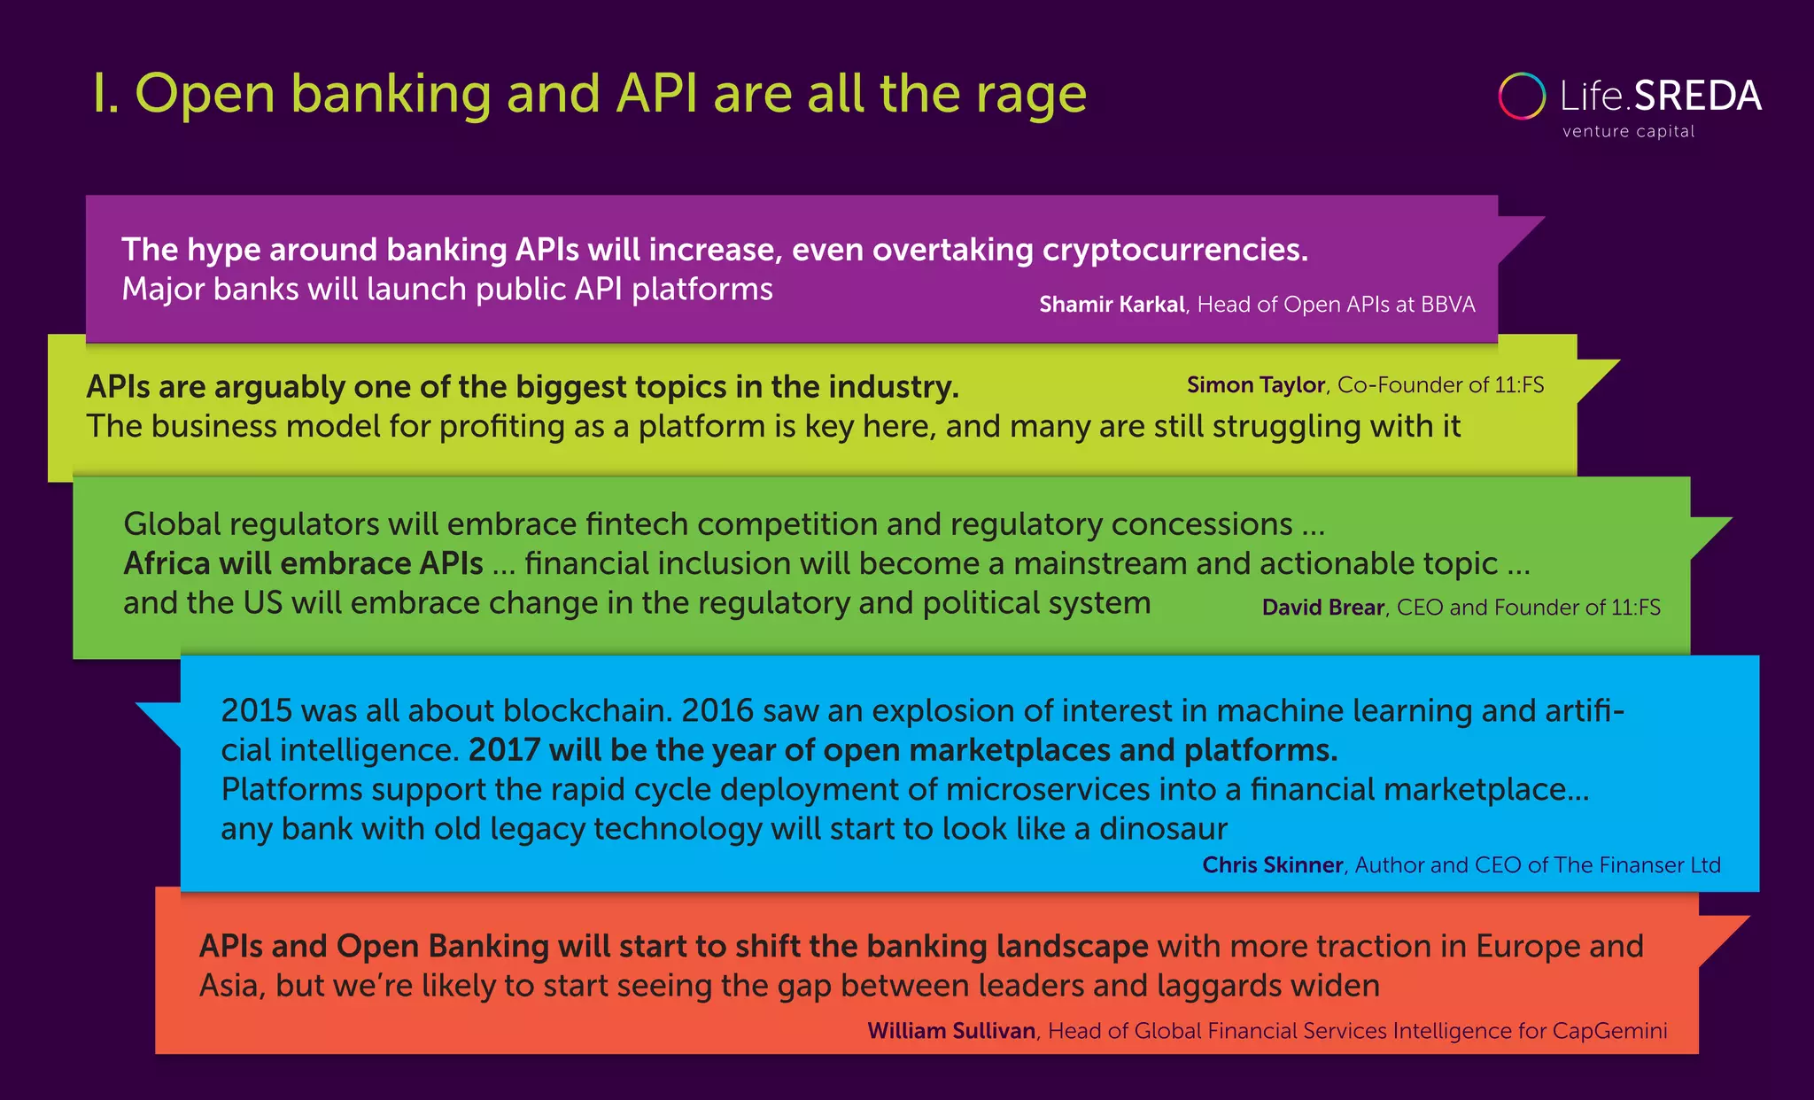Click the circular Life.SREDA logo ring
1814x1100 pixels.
point(1522,97)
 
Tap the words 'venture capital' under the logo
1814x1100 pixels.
point(1628,132)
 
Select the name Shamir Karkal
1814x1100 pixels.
point(1112,305)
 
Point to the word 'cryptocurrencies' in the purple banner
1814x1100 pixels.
point(1170,251)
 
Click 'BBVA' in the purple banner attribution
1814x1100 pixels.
point(1448,305)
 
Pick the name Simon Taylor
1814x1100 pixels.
point(1255,385)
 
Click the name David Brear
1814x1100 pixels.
point(1322,608)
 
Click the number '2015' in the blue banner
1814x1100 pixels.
point(256,710)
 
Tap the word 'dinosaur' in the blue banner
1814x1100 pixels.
point(1163,829)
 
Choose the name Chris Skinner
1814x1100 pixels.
point(1272,865)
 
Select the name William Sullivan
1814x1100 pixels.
point(951,1031)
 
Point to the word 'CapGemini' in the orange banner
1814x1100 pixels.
point(1609,1031)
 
